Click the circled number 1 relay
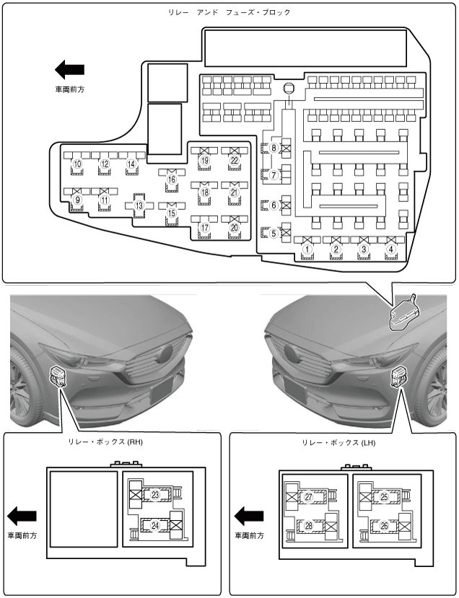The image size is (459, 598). point(307,249)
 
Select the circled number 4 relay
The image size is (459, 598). point(391,249)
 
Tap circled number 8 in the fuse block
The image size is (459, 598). point(274,149)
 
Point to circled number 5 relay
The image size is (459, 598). point(274,233)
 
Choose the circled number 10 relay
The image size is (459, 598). point(76,164)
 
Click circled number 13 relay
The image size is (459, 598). point(139,205)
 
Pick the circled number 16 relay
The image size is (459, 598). point(172,179)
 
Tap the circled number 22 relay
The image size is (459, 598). point(234,160)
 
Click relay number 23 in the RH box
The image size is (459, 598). point(155,494)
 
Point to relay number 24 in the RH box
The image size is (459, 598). point(155,525)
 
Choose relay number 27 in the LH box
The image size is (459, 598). point(308,497)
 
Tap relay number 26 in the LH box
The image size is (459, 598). point(384,526)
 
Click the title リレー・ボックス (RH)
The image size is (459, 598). point(107,443)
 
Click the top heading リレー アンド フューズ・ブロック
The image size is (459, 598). point(229,13)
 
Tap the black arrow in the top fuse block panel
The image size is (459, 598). point(70,70)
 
